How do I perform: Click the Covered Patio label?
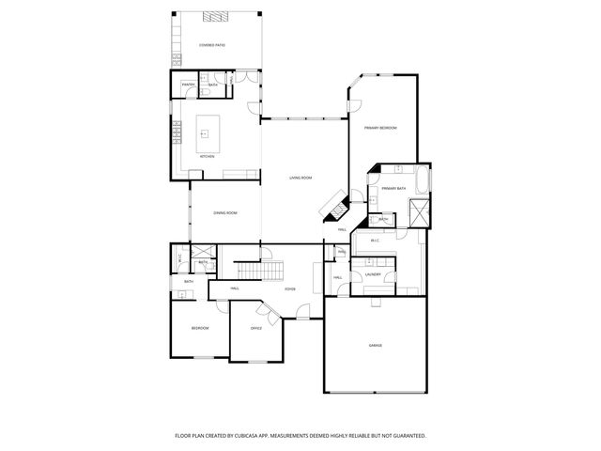coord(211,45)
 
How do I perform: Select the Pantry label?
coord(188,85)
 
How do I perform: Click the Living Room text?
coord(300,178)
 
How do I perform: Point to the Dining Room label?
coord(225,213)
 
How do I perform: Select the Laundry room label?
coord(373,274)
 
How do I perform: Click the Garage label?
coord(375,346)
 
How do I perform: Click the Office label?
coord(255,328)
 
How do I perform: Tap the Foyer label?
coord(291,288)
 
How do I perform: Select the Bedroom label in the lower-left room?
coord(200,328)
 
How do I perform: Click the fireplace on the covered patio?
coord(215,16)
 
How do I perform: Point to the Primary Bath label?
coord(393,189)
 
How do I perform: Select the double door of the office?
coord(271,317)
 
